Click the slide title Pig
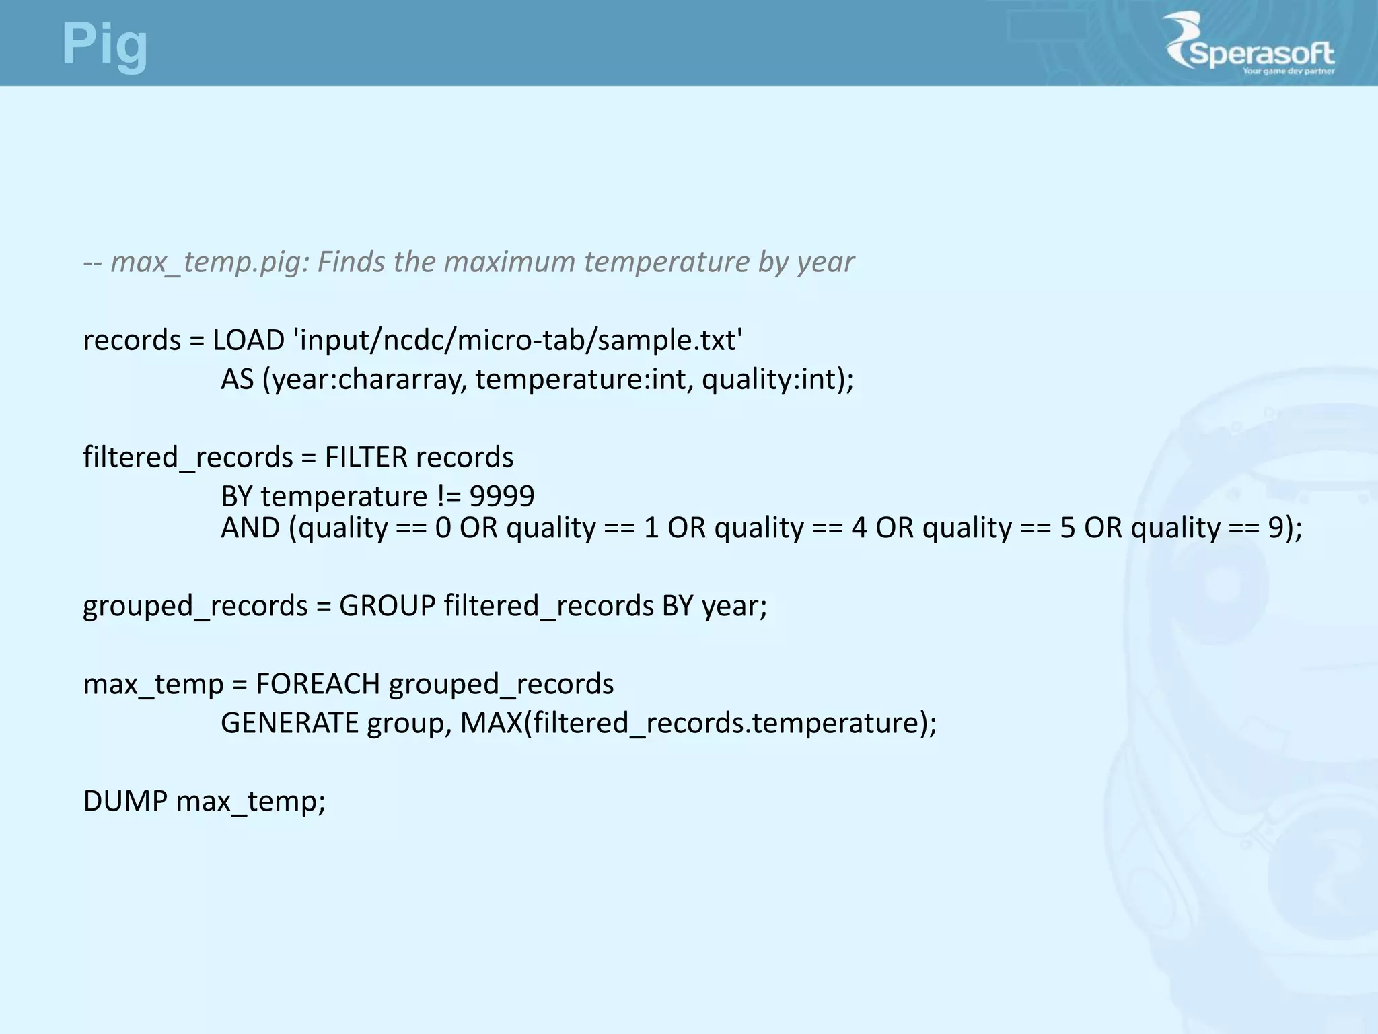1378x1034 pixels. [104, 44]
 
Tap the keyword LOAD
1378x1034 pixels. [249, 340]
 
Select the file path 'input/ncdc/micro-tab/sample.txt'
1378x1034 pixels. [518, 340]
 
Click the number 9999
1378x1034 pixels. [502, 496]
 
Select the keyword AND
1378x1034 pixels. [250, 527]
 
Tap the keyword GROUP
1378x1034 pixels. [388, 605]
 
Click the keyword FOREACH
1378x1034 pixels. [318, 683]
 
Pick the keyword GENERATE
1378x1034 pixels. [289, 722]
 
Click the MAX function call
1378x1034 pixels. [698, 722]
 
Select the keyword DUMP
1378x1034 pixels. [125, 800]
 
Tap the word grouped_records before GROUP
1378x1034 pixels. [195, 605]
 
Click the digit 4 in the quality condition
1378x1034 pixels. [859, 527]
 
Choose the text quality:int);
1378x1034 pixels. [778, 379]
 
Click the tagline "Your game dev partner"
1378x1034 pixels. [1288, 71]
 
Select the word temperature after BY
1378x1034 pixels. [344, 496]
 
